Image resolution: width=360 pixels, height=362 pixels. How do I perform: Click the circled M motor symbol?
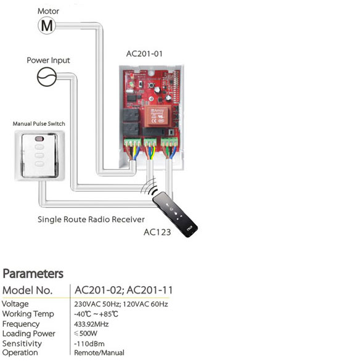47,26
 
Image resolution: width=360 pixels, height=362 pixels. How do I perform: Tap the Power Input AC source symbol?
47,77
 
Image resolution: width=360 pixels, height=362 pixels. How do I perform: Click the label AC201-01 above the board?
144,54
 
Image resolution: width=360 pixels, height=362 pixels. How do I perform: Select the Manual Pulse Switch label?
39,124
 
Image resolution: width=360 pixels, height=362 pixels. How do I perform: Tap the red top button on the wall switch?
39,139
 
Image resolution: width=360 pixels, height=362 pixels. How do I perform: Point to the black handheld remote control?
175,215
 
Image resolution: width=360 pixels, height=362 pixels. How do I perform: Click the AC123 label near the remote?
157,232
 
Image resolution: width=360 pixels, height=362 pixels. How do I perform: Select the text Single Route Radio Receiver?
91,220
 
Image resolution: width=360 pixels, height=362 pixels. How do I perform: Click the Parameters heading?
33,274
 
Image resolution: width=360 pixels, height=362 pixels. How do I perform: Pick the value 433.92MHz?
91,324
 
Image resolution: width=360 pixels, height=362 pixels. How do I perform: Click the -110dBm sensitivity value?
89,343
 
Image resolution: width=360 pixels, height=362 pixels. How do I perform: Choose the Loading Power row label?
29,334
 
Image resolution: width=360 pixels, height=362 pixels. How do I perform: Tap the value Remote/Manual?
99,353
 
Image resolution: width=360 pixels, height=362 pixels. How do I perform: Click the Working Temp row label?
28,314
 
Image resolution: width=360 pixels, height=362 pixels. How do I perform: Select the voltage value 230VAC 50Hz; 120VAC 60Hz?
121,304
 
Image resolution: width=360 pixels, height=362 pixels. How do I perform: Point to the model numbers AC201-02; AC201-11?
123,290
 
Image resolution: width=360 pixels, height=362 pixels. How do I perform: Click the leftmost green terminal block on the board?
133,142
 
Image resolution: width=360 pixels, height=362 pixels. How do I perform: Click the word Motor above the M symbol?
48,11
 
